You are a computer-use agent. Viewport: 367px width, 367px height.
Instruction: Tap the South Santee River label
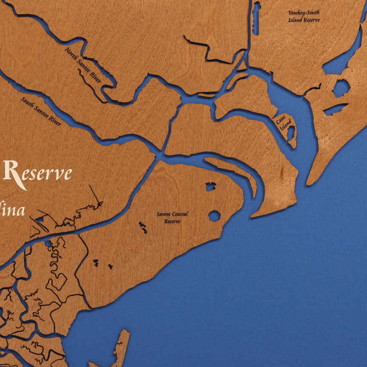pos(41,112)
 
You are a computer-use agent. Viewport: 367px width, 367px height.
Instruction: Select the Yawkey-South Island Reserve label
pos(304,16)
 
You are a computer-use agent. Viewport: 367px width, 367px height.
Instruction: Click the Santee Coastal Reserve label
pos(172,217)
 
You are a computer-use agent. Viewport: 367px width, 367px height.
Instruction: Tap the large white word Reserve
pos(37,173)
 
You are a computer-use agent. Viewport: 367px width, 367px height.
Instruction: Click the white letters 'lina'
pos(13,210)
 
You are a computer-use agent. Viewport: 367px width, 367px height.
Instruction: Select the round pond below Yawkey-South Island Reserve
pos(341,88)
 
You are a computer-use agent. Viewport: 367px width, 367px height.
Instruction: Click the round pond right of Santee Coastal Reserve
pos(215,216)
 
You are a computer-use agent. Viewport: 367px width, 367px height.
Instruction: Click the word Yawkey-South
pos(304,13)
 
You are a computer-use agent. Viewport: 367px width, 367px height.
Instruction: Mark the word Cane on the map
pos(279,120)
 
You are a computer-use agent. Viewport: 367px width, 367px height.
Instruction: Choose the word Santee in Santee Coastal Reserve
pos(164,214)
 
